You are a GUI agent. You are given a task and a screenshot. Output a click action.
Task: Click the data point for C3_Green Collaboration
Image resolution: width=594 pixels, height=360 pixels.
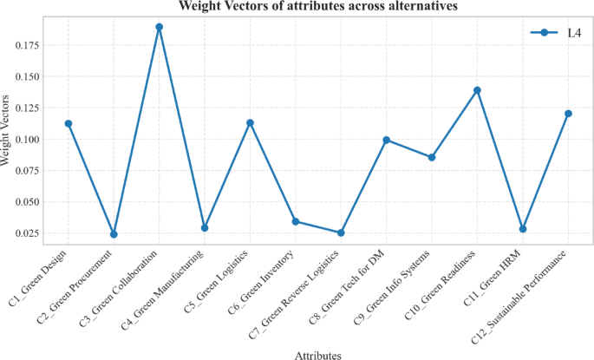(x=159, y=27)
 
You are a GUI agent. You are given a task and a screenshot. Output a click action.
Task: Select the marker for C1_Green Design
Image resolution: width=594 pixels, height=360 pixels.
(x=69, y=124)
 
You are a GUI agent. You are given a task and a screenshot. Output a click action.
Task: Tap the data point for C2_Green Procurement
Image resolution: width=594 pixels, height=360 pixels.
(x=114, y=234)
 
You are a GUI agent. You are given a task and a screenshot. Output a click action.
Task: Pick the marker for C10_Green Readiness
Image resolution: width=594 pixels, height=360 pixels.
(x=477, y=90)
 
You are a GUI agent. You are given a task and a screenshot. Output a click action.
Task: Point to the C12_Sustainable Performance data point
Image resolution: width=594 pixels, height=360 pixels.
(x=568, y=114)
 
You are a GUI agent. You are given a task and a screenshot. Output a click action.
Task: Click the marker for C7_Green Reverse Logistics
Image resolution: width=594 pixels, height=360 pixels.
(x=341, y=232)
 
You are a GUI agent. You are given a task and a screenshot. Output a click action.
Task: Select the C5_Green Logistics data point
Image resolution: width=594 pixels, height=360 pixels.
(x=250, y=123)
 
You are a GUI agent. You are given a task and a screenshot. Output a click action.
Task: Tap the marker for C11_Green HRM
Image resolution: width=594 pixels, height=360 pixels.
(x=523, y=229)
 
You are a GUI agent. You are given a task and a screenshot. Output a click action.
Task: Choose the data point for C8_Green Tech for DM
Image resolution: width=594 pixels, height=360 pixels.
(x=386, y=140)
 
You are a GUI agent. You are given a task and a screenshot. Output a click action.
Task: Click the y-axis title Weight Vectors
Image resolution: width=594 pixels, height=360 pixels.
(x=8, y=131)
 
